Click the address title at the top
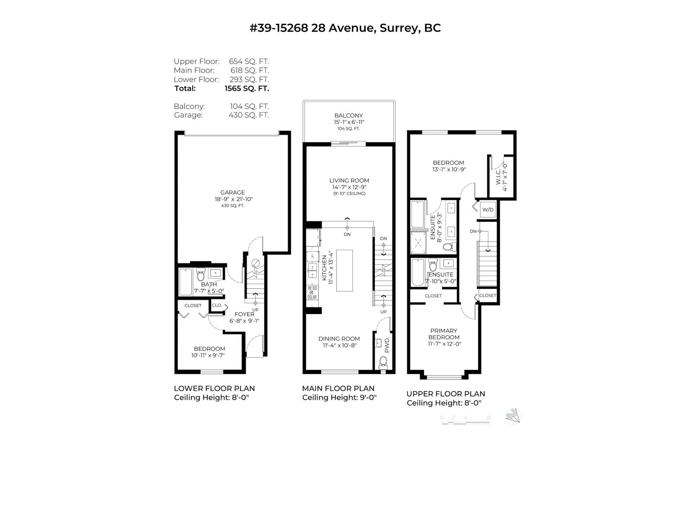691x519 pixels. click(x=345, y=28)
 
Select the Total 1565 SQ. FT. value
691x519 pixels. click(x=247, y=88)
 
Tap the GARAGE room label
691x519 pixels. click(x=232, y=192)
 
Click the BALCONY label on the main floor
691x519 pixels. click(x=349, y=115)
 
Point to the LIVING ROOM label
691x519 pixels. click(x=349, y=180)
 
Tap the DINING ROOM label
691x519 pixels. click(x=339, y=339)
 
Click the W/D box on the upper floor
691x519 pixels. click(x=488, y=210)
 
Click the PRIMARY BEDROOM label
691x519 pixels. click(x=444, y=334)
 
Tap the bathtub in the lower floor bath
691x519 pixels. click(x=186, y=282)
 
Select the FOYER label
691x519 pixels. click(x=244, y=314)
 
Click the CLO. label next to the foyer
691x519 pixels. click(x=217, y=305)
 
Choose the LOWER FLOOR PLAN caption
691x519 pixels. click(x=214, y=388)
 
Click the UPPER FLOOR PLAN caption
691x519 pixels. click(x=445, y=394)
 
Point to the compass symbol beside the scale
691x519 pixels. click(x=513, y=416)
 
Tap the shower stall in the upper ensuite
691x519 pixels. click(x=418, y=243)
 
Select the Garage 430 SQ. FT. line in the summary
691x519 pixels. click(x=221, y=115)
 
